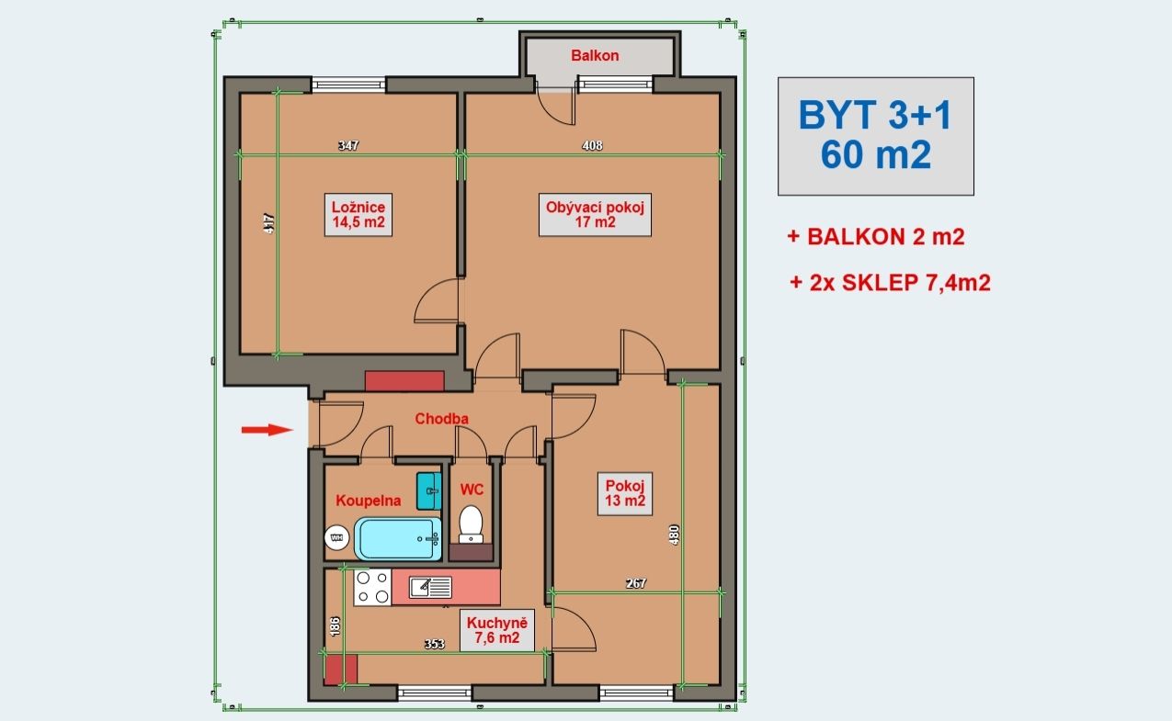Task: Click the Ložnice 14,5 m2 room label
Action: pyautogui.click(x=358, y=215)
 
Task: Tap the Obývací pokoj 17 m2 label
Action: pyautogui.click(x=595, y=215)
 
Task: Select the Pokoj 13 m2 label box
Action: pyautogui.click(x=625, y=493)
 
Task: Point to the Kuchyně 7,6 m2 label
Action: pyautogui.click(x=497, y=630)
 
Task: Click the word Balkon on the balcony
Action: pyautogui.click(x=595, y=55)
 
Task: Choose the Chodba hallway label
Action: pyautogui.click(x=441, y=419)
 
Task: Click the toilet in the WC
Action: pyautogui.click(x=471, y=524)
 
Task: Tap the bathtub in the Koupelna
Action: pyautogui.click(x=398, y=538)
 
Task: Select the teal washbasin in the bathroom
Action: pyautogui.click(x=429, y=491)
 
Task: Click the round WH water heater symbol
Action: pyautogui.click(x=336, y=537)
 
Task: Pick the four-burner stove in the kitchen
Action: pyautogui.click(x=372, y=587)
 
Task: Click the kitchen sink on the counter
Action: pyautogui.click(x=430, y=587)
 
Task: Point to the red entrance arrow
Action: pyautogui.click(x=267, y=430)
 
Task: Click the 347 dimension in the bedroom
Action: pyautogui.click(x=348, y=145)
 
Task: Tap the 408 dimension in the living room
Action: pyautogui.click(x=592, y=145)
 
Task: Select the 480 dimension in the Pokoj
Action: pyautogui.click(x=675, y=535)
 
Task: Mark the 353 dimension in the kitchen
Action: pyautogui.click(x=434, y=644)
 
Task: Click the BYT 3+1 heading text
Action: pyautogui.click(x=875, y=115)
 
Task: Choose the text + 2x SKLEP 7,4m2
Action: pyautogui.click(x=890, y=283)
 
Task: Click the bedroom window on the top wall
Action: pyautogui.click(x=348, y=84)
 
